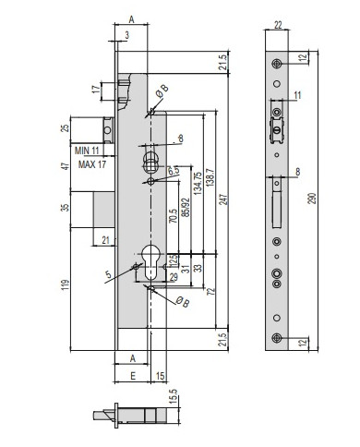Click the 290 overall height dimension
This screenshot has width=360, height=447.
(x=312, y=199)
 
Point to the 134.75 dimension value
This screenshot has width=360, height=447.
(x=198, y=183)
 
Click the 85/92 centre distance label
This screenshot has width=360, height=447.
(x=186, y=207)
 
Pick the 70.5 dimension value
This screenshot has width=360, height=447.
(x=174, y=216)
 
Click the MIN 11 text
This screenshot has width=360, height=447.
(x=87, y=151)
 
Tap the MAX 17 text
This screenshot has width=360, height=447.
(x=92, y=164)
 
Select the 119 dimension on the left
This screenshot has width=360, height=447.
(x=66, y=284)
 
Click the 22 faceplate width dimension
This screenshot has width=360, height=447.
(x=278, y=25)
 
